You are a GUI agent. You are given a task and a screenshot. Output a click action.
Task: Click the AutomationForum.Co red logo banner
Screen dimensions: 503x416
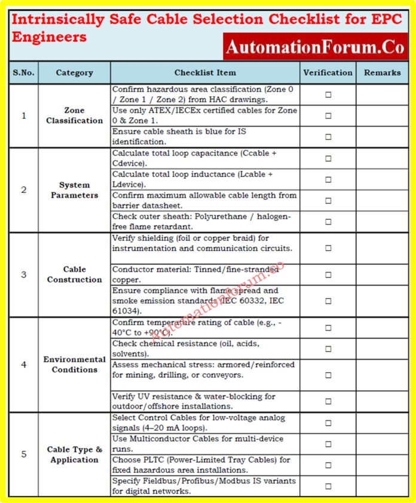315,46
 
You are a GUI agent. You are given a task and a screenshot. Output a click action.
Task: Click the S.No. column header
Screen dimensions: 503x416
24,72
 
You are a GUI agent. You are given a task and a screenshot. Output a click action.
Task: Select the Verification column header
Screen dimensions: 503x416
328,72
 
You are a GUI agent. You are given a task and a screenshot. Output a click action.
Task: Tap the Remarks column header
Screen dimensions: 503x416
382,72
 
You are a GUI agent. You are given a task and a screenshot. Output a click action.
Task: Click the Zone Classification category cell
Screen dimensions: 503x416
74,115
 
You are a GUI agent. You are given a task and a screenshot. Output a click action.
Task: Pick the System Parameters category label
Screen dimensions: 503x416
74,190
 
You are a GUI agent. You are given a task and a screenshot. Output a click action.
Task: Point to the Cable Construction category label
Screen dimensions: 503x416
74,274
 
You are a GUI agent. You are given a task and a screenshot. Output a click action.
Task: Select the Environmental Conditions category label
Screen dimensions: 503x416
74,364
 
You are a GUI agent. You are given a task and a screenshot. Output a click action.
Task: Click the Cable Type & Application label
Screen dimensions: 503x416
74,455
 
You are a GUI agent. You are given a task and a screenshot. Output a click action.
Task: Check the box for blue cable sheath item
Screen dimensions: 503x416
328,137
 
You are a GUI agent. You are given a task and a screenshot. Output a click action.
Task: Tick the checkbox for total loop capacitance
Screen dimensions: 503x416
328,158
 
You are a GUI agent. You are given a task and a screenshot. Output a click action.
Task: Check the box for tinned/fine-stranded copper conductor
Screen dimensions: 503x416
328,275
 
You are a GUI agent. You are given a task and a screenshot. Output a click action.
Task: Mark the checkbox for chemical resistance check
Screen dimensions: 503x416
328,349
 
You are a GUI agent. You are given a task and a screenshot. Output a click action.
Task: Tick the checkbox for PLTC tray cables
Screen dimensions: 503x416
328,465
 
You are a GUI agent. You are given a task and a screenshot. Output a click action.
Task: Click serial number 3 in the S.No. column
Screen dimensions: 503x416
24,275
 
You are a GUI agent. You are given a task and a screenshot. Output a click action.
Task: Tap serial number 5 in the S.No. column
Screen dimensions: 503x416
24,455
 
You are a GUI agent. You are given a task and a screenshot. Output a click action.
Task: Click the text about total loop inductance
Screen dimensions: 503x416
192,179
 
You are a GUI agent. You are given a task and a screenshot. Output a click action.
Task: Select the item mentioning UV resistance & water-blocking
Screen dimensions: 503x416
194,401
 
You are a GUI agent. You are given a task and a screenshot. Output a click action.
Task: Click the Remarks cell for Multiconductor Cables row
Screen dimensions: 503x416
382,444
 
